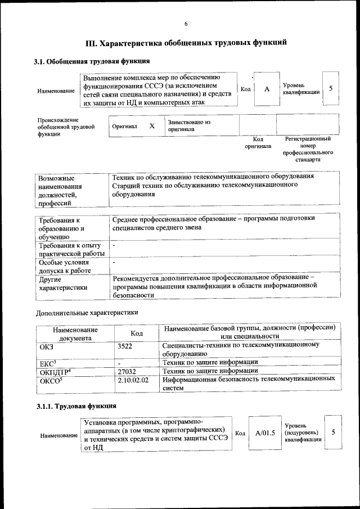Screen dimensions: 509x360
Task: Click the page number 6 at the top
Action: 186,23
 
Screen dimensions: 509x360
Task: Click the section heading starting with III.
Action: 186,43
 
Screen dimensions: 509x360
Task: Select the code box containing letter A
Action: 267,89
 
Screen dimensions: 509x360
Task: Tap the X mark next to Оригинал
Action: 152,126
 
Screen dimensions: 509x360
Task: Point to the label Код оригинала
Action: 258,142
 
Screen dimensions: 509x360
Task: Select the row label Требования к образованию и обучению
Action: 60,228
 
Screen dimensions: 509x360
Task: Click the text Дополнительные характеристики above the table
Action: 87,313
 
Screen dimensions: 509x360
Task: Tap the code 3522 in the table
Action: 125,346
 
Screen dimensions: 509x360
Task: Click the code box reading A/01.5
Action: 265,433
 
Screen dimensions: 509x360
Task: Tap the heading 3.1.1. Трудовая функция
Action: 76,406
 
